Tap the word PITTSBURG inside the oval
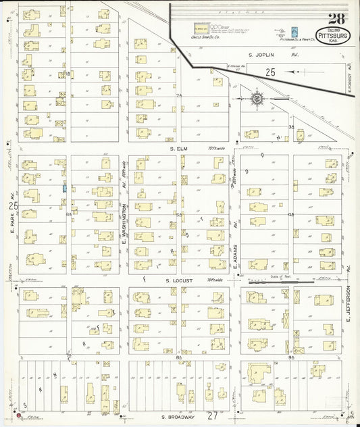click(x=333, y=36)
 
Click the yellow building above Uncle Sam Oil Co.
click(x=201, y=29)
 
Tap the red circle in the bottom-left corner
click(x=20, y=415)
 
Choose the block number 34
click(x=291, y=126)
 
